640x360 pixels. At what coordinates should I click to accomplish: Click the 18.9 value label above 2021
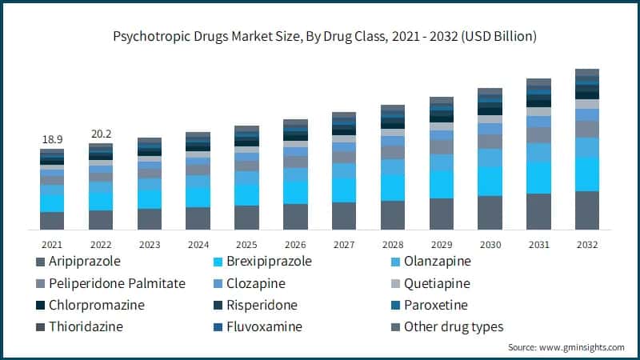(52, 140)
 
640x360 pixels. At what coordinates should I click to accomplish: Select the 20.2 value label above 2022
(101, 134)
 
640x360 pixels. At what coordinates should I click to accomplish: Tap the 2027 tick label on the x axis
(344, 244)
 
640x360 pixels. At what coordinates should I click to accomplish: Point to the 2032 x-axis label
(587, 244)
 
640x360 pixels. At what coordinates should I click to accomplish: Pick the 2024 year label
(198, 244)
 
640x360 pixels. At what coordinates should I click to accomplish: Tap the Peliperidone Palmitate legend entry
(117, 283)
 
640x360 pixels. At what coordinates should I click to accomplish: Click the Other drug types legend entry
(454, 326)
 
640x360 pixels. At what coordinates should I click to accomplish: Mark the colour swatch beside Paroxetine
(394, 305)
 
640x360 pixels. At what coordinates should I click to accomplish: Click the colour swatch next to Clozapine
(216, 283)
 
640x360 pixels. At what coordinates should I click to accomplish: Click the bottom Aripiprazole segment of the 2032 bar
(587, 210)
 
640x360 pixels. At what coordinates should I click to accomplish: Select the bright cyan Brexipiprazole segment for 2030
(490, 182)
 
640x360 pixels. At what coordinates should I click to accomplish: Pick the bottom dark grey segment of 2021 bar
(52, 221)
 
